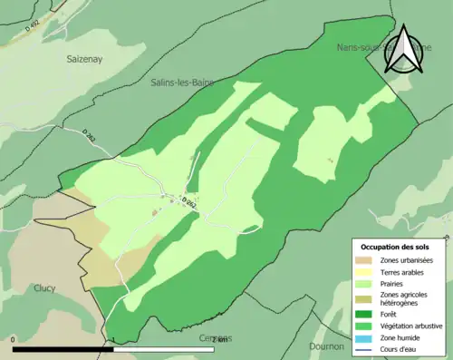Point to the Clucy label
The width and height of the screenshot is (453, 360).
tap(44, 288)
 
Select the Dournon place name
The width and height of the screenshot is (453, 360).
tap(326, 345)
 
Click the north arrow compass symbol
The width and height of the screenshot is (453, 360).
tap(404, 50)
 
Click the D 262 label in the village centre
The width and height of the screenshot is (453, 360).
tap(188, 202)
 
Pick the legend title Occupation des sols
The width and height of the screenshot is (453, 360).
tap(396, 247)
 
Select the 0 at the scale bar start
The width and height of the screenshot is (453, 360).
tap(14, 340)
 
